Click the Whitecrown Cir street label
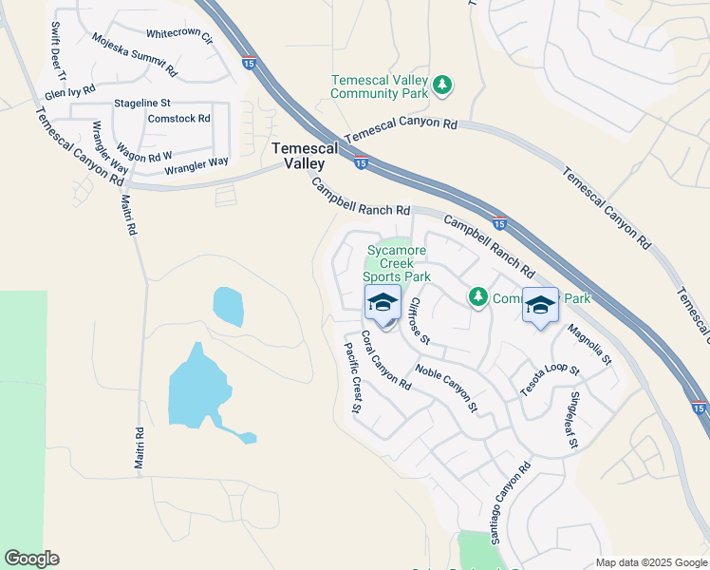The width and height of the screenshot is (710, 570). pyautogui.click(x=179, y=36)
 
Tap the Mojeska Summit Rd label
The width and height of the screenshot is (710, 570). pyautogui.click(x=135, y=55)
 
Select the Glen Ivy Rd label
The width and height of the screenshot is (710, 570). pyautogui.click(x=70, y=92)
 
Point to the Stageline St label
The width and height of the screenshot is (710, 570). pyautogui.click(x=142, y=102)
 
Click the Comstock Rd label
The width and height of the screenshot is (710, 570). pyautogui.click(x=179, y=119)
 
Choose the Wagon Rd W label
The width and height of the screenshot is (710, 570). pyautogui.click(x=143, y=152)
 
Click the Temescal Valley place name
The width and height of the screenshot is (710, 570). pyautogui.click(x=305, y=156)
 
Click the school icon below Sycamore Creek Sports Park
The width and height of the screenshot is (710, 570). pyautogui.click(x=383, y=303)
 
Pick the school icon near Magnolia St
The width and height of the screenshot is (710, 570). pyautogui.click(x=540, y=304)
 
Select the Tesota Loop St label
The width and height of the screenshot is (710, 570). pyautogui.click(x=549, y=379)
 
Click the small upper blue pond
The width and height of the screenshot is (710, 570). pyautogui.click(x=228, y=306)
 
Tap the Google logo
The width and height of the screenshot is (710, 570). pyautogui.click(x=32, y=559)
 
